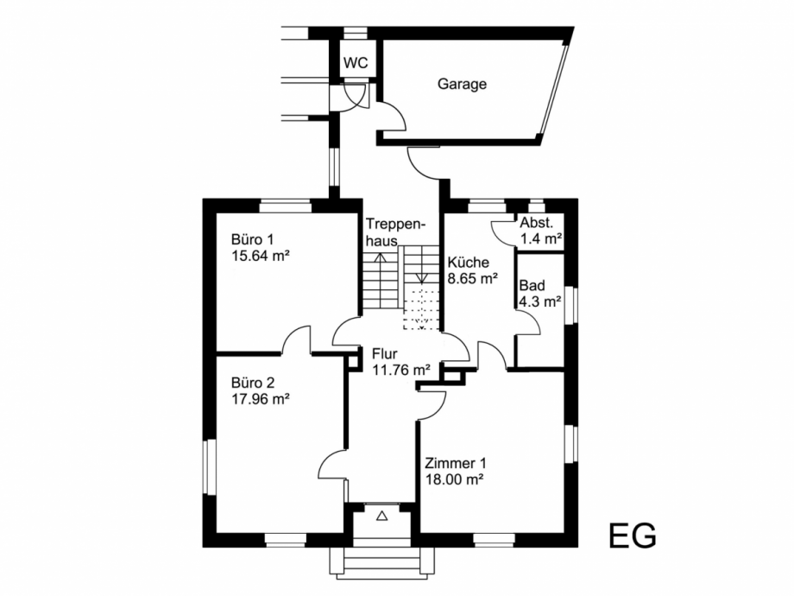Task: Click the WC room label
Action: point(356,64)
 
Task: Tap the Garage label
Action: point(462,85)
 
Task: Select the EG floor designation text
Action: point(632,535)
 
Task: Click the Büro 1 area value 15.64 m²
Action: point(260,256)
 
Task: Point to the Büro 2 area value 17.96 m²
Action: point(260,399)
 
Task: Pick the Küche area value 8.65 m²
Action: point(472,279)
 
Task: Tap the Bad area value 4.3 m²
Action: point(540,301)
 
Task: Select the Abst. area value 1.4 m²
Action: point(541,238)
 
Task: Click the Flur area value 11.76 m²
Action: point(400,371)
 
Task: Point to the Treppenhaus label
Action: point(395,231)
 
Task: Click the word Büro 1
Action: point(251,239)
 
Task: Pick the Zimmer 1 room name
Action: point(450,462)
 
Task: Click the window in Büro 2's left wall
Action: point(207,469)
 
